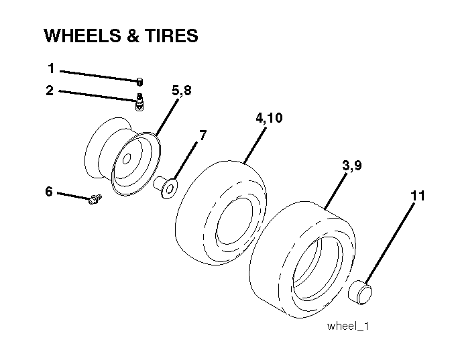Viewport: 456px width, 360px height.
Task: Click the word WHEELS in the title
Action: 82,36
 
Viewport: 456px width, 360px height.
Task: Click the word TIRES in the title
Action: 171,36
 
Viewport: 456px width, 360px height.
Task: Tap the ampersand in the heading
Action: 133,36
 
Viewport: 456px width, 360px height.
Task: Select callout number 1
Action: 51,68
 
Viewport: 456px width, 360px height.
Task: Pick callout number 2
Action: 50,91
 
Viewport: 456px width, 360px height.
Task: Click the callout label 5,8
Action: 182,91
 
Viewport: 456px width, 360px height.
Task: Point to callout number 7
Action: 203,135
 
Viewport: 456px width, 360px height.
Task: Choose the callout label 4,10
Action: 269,118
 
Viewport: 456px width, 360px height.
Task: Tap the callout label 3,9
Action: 352,166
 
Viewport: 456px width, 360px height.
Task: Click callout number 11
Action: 418,196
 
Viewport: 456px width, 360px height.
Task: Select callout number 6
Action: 49,192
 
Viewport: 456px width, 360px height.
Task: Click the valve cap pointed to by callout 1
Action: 140,82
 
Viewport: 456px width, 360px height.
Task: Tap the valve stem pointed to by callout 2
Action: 139,102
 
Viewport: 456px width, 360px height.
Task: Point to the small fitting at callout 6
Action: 95,199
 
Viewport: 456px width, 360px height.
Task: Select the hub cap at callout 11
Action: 360,292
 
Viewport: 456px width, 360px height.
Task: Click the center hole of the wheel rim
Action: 127,160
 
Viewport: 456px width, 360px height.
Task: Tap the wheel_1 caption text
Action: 348,326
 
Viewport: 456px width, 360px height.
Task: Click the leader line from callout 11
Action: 390,243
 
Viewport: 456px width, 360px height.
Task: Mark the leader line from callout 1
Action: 99,76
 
